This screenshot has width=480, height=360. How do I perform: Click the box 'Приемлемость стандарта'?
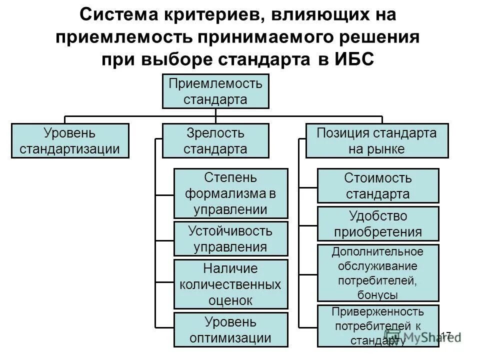pos(215,91)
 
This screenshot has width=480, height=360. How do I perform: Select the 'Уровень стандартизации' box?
pos(70,141)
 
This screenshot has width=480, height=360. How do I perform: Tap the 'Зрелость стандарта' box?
pos(215,141)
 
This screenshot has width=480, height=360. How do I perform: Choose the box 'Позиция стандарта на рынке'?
pos(377,141)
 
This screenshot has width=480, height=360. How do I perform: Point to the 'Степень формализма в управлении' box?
pos(230,193)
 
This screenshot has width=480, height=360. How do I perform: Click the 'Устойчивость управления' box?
pos(230,239)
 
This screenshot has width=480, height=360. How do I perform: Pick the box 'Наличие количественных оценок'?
pos(230,284)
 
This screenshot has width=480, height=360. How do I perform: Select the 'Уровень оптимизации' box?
pos(230,329)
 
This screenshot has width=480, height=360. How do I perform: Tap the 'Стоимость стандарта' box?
pos(378,185)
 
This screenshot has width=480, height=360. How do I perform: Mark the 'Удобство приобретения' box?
pos(378,224)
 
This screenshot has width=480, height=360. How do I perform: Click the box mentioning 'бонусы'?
pos(378,272)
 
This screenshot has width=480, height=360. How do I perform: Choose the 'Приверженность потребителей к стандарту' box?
pos(378,326)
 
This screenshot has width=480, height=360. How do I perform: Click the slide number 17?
pos(446,335)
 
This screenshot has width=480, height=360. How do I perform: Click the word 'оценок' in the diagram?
pos(230,300)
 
